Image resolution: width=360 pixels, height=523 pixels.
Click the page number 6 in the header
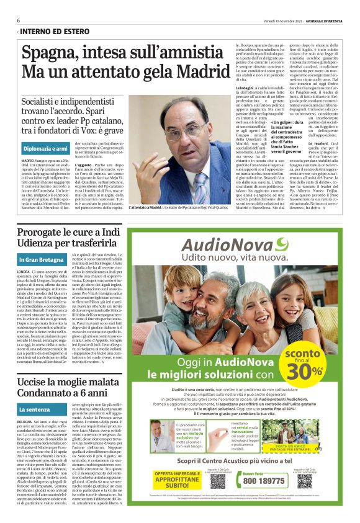click(x=19, y=20)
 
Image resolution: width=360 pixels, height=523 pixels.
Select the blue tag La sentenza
click(x=36, y=409)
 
